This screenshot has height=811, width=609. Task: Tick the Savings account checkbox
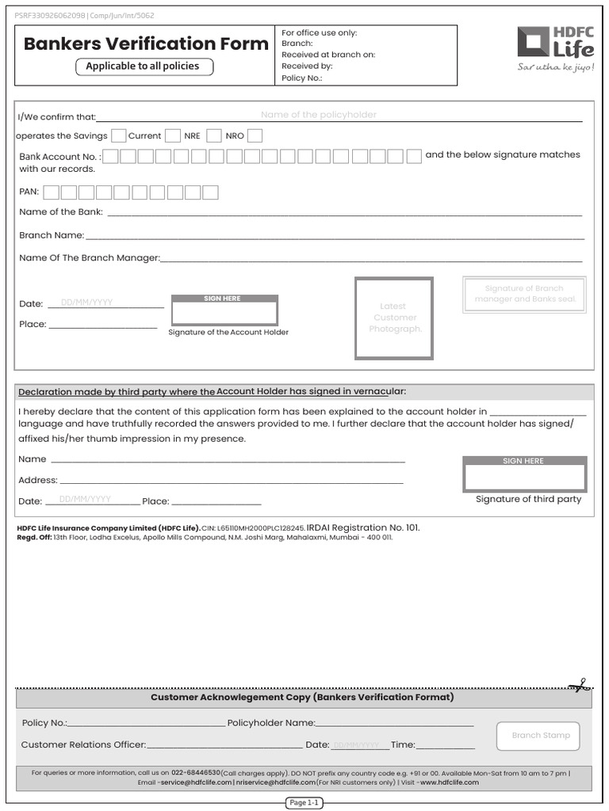[x=119, y=135]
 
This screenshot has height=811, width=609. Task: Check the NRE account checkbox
[x=213, y=135]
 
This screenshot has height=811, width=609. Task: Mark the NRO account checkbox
[x=255, y=135]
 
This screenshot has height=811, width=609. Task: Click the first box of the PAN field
[x=52, y=192]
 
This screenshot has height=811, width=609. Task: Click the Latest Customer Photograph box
[x=393, y=318]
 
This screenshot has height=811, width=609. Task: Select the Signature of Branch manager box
[x=524, y=294]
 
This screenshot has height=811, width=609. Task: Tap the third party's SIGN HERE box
[x=524, y=477]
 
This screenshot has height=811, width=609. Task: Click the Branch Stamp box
[x=538, y=736]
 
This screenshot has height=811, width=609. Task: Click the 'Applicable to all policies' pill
[x=143, y=67]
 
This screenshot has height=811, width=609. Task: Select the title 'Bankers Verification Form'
[x=146, y=44]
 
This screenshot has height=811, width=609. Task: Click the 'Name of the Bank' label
[x=61, y=211]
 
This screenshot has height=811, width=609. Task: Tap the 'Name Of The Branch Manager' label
[x=90, y=257]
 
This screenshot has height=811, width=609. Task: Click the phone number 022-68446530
[x=196, y=772]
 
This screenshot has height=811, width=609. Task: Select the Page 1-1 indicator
[x=304, y=802]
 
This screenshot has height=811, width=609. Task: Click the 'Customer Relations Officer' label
[x=83, y=744]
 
